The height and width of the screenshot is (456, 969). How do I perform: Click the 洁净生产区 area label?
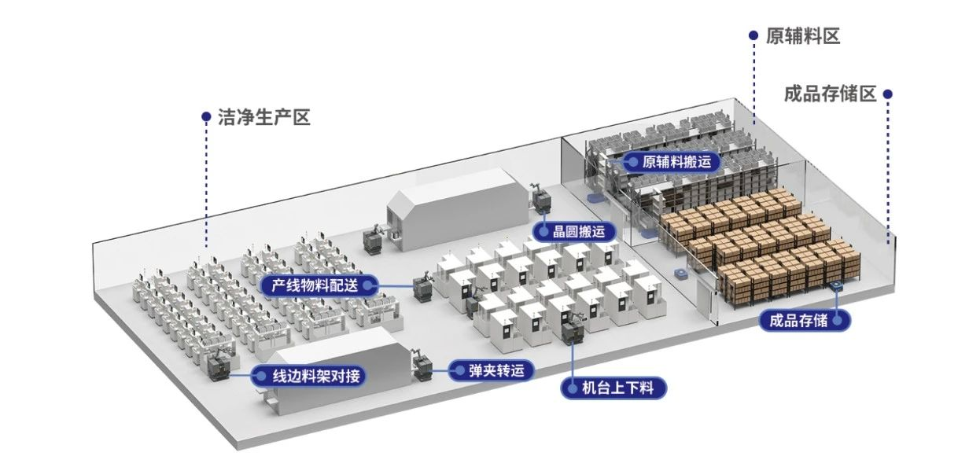[x=264, y=118]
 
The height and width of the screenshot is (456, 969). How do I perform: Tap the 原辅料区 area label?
[x=803, y=36]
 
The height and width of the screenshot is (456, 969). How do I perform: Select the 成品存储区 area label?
[x=830, y=94]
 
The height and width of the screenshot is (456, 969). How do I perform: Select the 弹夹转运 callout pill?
[x=491, y=370]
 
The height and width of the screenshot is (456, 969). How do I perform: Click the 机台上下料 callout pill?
[x=613, y=388]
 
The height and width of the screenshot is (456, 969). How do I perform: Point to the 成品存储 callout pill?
[x=804, y=320]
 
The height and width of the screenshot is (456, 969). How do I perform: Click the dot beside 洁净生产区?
[x=206, y=117]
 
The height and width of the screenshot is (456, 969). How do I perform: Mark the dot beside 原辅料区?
[x=753, y=35]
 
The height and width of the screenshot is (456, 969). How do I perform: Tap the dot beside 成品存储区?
[x=888, y=94]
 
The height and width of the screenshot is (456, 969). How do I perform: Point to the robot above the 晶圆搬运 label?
[x=540, y=200]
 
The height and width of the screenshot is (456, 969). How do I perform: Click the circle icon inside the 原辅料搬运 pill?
[x=631, y=162]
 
